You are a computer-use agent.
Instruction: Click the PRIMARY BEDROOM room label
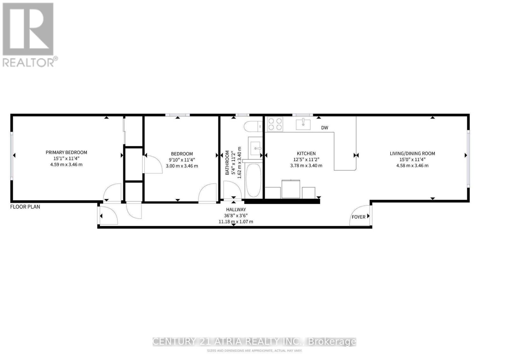66,152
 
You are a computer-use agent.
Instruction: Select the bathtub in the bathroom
254,180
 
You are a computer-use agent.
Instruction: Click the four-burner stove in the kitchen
275,124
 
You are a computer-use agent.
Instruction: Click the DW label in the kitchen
324,128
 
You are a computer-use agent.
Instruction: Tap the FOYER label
358,217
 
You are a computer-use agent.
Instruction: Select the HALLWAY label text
236,210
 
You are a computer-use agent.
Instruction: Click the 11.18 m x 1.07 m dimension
236,221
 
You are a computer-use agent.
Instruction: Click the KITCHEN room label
306,153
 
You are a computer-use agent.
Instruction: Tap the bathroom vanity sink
256,148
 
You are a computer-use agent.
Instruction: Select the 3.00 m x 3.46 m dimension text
182,166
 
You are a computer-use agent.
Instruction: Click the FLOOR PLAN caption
25,207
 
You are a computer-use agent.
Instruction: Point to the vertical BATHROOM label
227,163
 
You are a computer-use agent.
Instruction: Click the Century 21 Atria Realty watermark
254,342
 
